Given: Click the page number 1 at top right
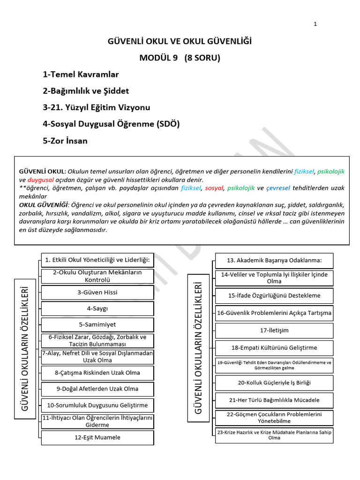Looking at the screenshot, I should pos(315,24).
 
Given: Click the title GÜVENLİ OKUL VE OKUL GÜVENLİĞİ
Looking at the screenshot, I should pos(180,42).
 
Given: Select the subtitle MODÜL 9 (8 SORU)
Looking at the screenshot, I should pos(180,58).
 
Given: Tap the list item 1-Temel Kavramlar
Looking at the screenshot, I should pos(81,75).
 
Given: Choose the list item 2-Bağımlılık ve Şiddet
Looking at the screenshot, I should pos(86,91).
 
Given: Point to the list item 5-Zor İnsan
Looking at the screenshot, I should pos(65,141).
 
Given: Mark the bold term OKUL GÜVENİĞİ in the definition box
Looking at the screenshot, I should pos(43,205).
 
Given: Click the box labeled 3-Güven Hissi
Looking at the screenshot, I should pos(97,292).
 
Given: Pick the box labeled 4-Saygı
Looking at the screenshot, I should pos(97,308).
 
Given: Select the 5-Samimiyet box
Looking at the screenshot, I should pos(97,324).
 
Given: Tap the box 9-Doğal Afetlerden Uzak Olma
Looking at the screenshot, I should pos(97,389).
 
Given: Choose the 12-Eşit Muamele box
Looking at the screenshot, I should pos(97,437).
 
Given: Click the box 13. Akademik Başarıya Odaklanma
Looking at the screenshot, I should pos(274,261).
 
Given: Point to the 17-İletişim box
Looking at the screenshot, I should pos(274,330).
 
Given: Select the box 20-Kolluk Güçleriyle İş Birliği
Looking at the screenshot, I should pos(274,382).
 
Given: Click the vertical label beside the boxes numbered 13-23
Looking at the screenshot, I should pos(198,347).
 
